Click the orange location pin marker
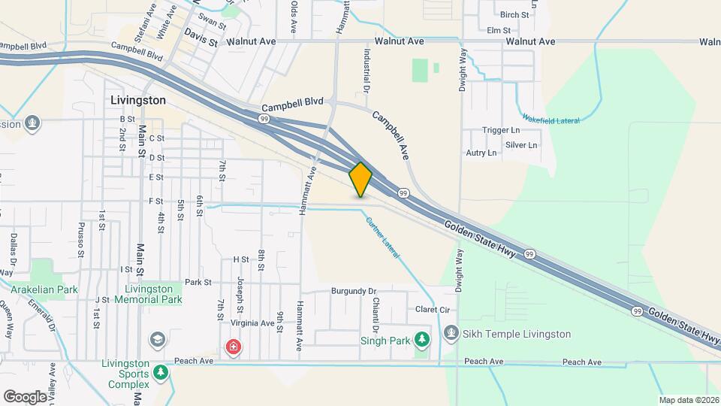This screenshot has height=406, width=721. (x=360, y=179)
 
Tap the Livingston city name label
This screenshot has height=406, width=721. (x=137, y=99)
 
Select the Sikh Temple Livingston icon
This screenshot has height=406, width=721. (x=451, y=332)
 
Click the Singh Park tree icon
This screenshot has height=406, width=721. (x=422, y=340)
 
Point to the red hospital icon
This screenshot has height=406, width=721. (x=234, y=347)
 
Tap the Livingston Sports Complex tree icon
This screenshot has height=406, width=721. (x=160, y=372)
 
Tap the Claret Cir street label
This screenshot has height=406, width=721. (x=432, y=310)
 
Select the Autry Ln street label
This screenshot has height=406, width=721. (x=481, y=153)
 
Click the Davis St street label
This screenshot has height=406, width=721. (x=201, y=36)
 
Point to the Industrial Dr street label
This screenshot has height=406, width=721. (x=367, y=70)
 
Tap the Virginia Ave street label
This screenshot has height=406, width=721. (x=252, y=323)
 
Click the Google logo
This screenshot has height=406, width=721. (x=25, y=396)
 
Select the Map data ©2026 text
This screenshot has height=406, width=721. (x=688, y=400)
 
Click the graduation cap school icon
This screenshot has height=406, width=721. (x=158, y=339)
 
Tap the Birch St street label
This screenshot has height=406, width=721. (x=514, y=14)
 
